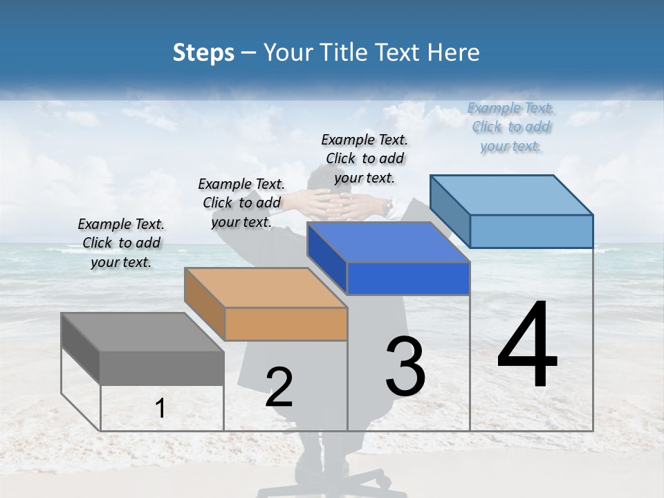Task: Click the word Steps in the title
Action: [203, 53]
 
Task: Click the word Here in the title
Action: [452, 53]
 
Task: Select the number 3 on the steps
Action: [405, 367]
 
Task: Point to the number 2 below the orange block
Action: [279, 387]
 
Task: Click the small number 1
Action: [160, 409]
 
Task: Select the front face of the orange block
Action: [286, 324]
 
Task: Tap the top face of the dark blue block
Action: [387, 242]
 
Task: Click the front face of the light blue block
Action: [531, 231]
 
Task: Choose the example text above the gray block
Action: [121, 243]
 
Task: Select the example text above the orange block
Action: [241, 203]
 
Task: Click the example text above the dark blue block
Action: [365, 158]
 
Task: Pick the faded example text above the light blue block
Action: [510, 127]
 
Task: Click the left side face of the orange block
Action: [205, 304]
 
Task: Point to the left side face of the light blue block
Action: [450, 210]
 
